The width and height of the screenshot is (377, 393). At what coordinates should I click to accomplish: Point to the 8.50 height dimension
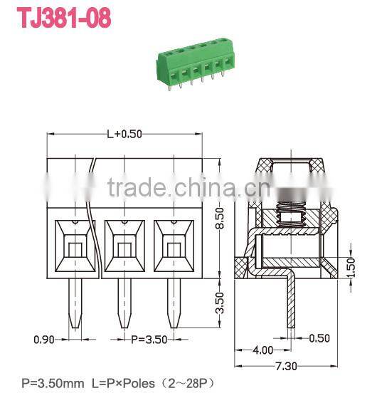(x=221, y=216)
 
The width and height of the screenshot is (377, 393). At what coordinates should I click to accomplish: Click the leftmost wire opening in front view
(x=75, y=248)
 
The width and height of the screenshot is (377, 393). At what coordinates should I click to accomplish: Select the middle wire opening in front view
(x=124, y=248)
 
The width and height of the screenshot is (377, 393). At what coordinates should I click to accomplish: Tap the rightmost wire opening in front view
(x=173, y=248)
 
